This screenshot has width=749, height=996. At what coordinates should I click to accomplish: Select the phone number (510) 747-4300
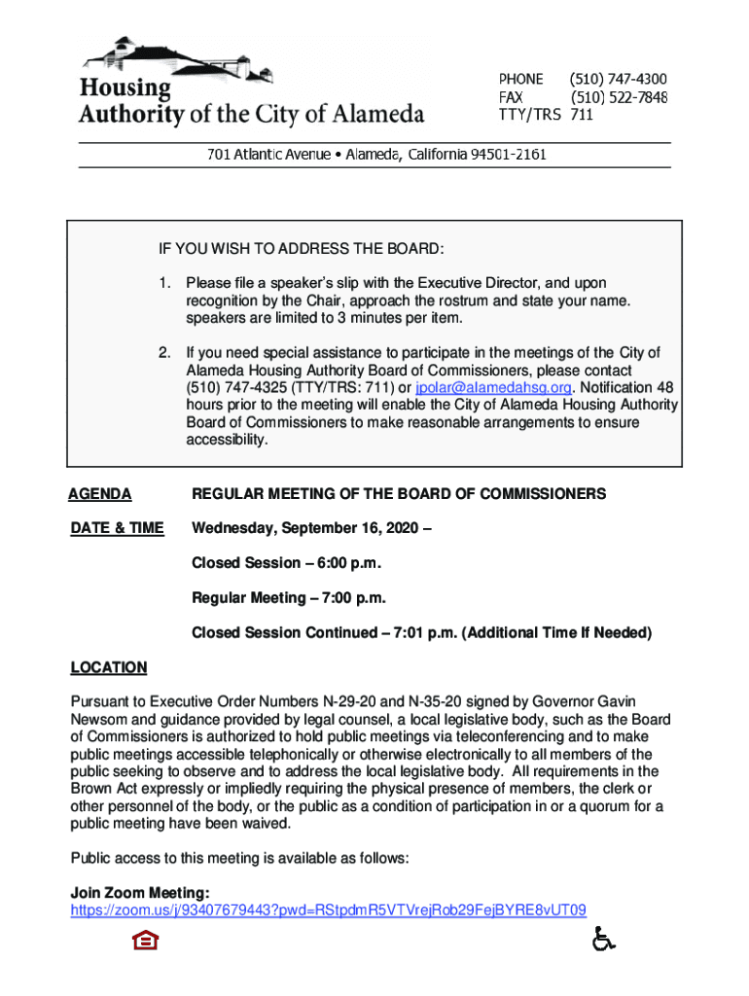tap(618, 79)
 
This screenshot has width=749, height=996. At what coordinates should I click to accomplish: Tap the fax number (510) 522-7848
tap(618, 97)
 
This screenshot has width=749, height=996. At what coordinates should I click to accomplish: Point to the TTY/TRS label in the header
tap(529, 115)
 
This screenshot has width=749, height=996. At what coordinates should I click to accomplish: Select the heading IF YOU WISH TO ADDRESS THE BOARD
tap(302, 250)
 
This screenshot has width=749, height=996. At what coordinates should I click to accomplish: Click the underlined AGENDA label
tap(100, 494)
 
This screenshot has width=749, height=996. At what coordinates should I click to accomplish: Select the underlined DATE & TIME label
tap(118, 528)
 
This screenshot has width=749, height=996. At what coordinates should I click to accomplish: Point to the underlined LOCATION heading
tap(109, 667)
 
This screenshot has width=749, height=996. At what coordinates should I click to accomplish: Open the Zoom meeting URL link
tap(329, 910)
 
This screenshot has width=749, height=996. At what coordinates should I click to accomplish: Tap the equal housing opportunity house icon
tap(145, 941)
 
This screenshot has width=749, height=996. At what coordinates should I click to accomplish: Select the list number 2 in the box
tap(165, 352)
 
